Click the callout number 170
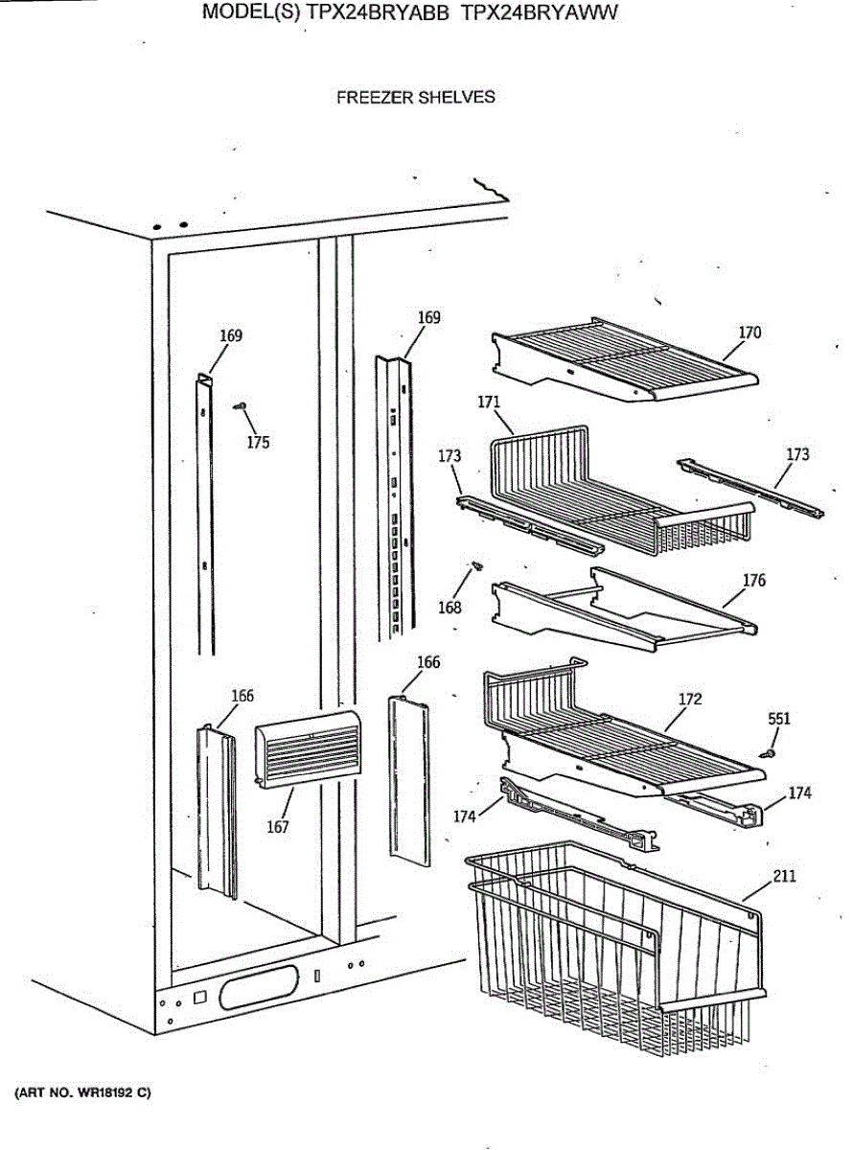click(749, 333)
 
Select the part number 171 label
click(490, 402)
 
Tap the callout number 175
click(257, 442)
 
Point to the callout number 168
click(450, 607)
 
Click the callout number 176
click(754, 580)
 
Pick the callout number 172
click(690, 699)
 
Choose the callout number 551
click(779, 718)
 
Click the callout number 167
click(278, 827)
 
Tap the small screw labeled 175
click(242, 406)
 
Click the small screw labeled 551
click(768, 754)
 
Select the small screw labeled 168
click(473, 569)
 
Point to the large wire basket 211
click(613, 949)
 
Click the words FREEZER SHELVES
click(416, 97)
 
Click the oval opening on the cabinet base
click(259, 986)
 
